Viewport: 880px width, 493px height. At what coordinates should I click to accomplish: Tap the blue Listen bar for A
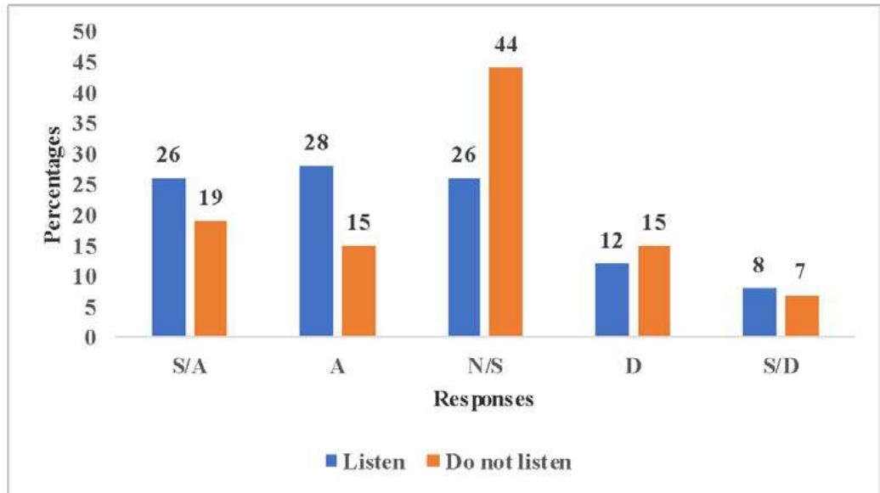pyautogui.click(x=316, y=252)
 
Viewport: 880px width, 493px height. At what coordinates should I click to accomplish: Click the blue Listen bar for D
pyautogui.click(x=612, y=300)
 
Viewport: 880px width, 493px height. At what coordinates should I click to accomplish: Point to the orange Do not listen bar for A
pyautogui.click(x=358, y=291)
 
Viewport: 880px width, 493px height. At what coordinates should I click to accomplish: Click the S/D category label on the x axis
pyautogui.click(x=780, y=366)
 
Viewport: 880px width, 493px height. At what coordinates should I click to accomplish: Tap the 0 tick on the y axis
pyautogui.click(x=93, y=338)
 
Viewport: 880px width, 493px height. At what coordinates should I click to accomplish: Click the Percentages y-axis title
pyautogui.click(x=53, y=184)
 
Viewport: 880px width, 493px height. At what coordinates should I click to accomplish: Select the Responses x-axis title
pyautogui.click(x=483, y=400)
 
